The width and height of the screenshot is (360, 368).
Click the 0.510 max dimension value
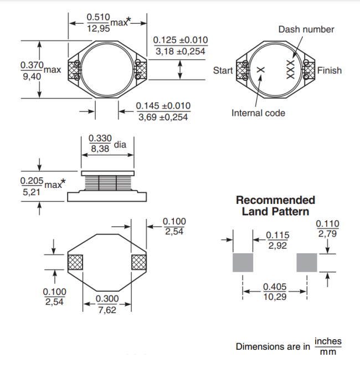pos(99,17)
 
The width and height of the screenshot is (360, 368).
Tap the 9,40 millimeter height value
pos(31,77)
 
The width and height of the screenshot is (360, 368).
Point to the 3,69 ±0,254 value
pos(163,117)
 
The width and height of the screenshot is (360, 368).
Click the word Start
pos(223,70)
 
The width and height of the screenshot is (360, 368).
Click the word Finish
pos(329,70)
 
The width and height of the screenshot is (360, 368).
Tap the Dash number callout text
pos(306,29)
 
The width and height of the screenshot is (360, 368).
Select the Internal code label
pos(258,113)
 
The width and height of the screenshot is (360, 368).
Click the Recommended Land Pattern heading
pos(275,206)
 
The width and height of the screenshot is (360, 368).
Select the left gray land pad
pos(242,263)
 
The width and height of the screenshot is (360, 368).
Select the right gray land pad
pos(307,263)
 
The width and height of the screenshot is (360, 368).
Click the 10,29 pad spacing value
pos(275,297)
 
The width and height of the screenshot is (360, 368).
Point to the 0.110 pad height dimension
pos(327,224)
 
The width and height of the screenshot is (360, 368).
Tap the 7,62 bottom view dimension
pos(107,309)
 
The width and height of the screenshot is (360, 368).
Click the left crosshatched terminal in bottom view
pos(75,262)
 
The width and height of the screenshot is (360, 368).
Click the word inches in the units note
pos(328,341)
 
